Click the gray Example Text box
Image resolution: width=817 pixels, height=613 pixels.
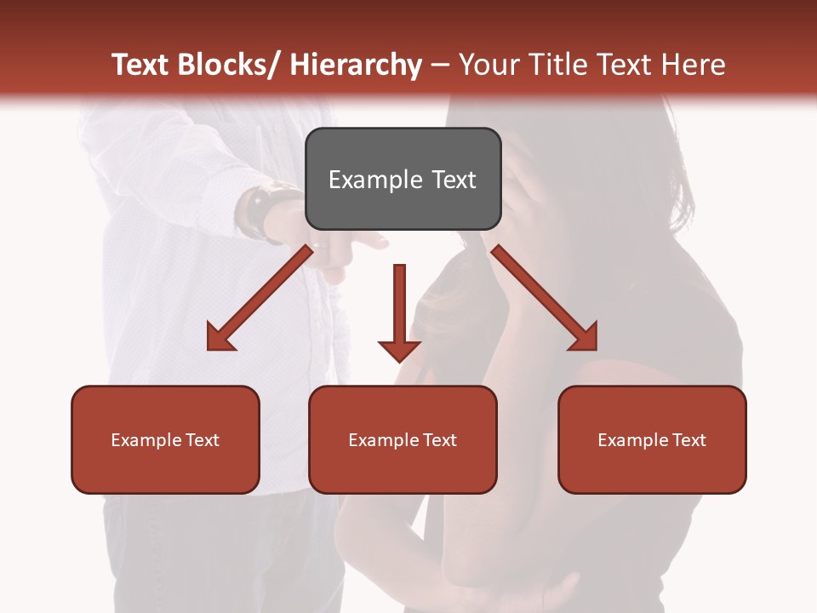(x=403, y=180)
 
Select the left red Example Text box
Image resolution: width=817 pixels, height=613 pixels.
(x=165, y=439)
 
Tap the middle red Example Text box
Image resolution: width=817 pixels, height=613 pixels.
(x=403, y=439)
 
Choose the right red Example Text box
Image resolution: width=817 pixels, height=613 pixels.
(x=652, y=439)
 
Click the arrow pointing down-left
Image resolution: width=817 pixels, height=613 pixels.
(x=260, y=298)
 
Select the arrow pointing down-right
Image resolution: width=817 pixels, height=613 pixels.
(x=545, y=298)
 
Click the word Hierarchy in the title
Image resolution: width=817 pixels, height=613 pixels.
(x=356, y=65)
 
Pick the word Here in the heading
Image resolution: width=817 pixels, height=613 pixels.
(x=694, y=65)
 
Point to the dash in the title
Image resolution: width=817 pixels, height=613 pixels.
(x=440, y=65)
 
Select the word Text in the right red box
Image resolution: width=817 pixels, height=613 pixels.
(x=688, y=439)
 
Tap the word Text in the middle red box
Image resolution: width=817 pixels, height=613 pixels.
(x=439, y=439)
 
